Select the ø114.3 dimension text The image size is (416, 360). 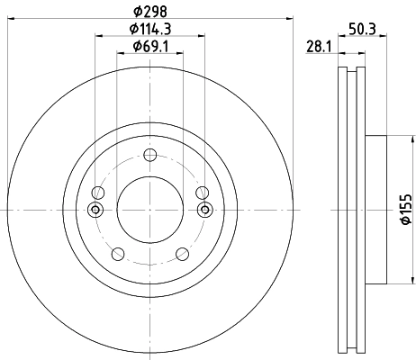(149, 29)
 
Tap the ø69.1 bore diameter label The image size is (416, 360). (149, 46)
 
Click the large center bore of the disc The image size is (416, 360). (150, 209)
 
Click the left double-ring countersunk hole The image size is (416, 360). (95, 210)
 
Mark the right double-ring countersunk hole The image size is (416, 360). (204, 210)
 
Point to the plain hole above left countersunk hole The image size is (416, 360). (98, 192)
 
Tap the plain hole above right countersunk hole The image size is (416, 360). (202, 192)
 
